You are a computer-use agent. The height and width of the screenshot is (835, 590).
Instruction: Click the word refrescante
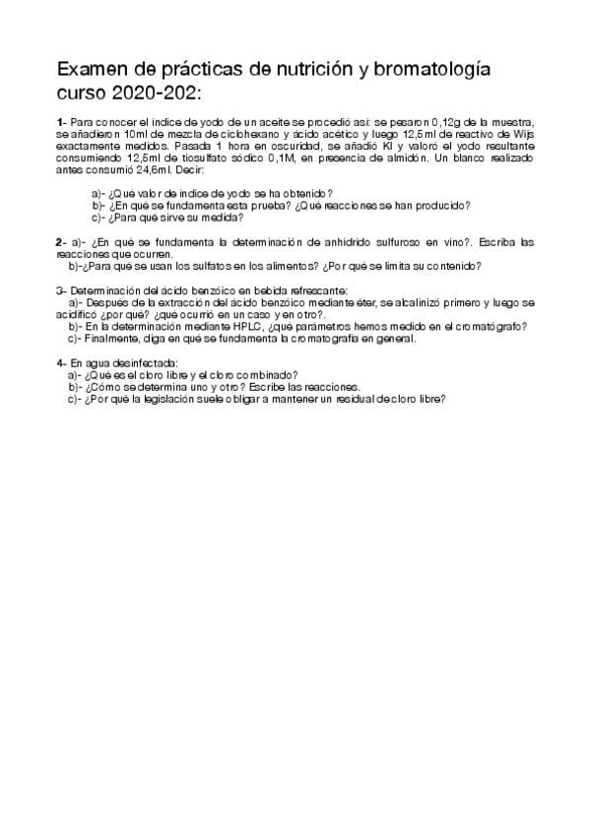tap(312, 290)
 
